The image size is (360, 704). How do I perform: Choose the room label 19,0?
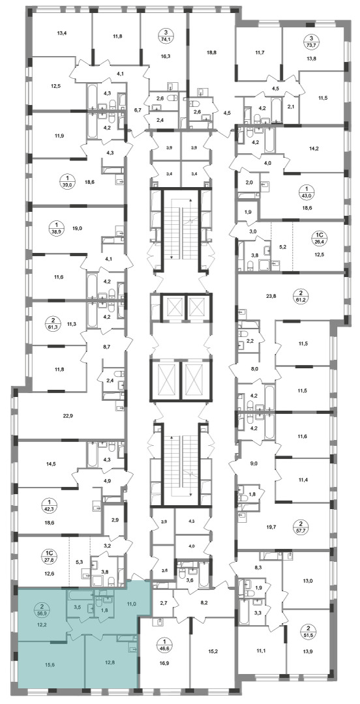78,228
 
